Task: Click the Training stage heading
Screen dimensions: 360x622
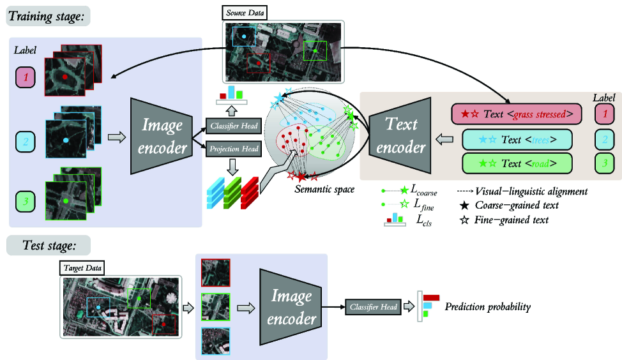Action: (x=47, y=15)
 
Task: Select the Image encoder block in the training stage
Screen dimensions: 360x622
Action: (x=162, y=135)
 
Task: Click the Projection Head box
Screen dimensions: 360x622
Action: (x=233, y=149)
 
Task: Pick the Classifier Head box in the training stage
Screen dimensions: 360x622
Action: (x=233, y=126)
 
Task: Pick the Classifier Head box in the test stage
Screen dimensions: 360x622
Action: (x=372, y=307)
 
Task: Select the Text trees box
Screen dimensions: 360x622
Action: (x=516, y=139)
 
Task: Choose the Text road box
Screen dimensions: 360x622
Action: (x=516, y=163)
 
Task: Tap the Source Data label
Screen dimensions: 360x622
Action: (x=245, y=12)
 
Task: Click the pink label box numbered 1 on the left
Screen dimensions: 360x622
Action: (x=26, y=79)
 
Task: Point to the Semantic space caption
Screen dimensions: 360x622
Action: (x=324, y=189)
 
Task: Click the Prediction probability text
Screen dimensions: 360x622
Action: (x=488, y=307)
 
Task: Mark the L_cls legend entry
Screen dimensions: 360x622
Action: (x=409, y=220)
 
